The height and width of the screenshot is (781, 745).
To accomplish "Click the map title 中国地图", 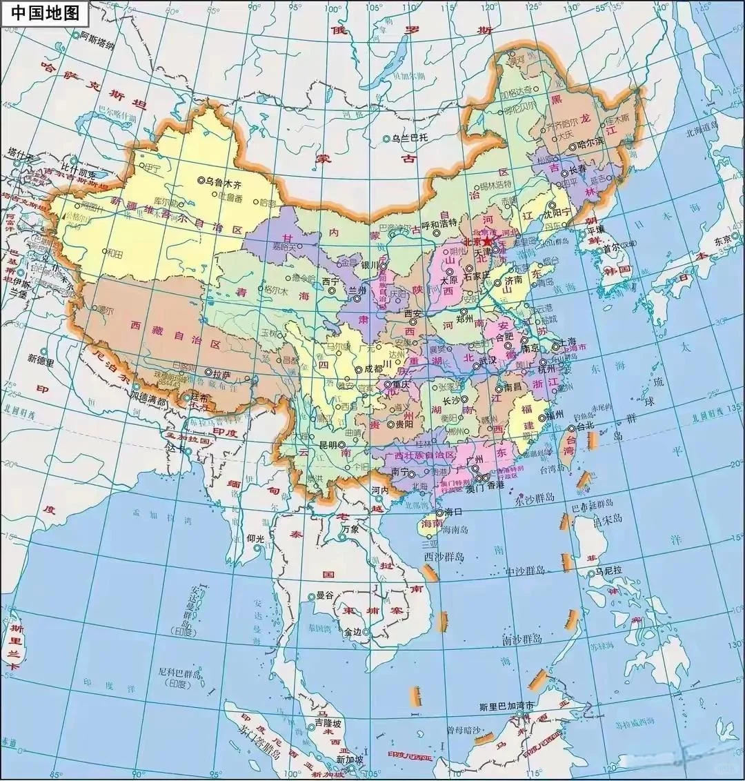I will [40, 12].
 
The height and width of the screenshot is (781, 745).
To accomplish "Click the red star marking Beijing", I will [488, 241].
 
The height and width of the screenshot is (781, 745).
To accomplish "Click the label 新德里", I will [41, 358].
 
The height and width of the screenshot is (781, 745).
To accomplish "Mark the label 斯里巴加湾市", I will [506, 707].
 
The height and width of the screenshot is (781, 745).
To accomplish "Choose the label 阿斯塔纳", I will [97, 35].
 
